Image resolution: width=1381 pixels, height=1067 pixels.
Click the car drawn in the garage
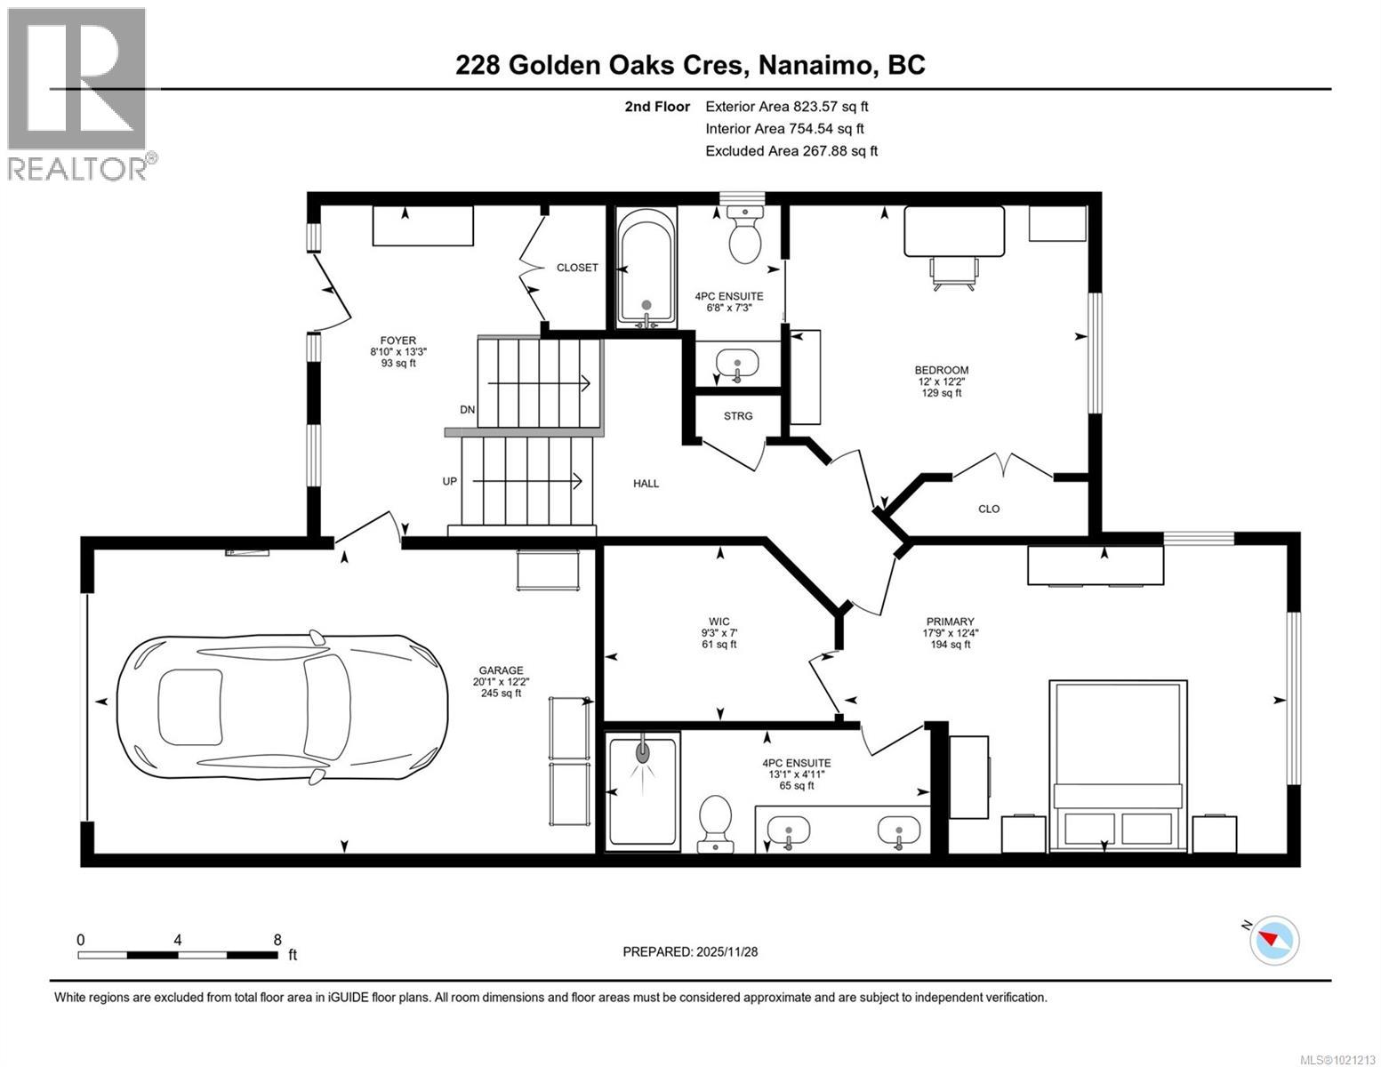(282, 706)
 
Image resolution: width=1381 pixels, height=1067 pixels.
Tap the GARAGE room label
(501, 670)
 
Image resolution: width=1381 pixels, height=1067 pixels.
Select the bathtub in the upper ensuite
(646, 269)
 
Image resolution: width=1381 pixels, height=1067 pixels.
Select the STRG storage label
(738, 416)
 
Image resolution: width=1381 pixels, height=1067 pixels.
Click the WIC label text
(719, 622)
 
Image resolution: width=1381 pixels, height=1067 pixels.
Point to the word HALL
(646, 484)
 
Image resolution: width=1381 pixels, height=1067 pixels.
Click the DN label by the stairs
(467, 410)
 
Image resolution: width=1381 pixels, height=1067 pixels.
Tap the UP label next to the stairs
(449, 481)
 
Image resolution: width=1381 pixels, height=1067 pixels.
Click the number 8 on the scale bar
(277, 940)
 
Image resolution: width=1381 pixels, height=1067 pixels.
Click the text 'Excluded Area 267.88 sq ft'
(791, 151)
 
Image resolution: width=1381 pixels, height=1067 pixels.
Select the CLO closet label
(989, 509)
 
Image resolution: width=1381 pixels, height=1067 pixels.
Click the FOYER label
(397, 341)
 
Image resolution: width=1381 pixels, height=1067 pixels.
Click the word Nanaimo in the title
(813, 66)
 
